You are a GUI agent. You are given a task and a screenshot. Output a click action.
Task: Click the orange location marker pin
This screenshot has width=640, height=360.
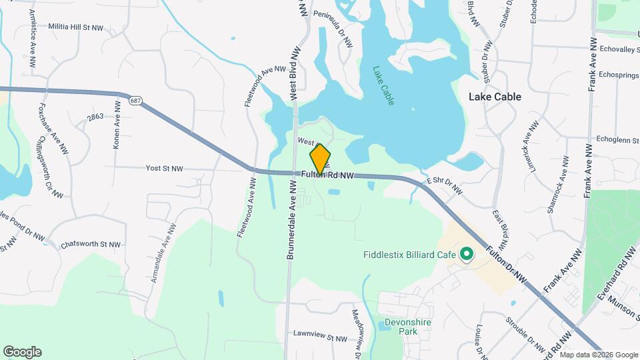point(320,159)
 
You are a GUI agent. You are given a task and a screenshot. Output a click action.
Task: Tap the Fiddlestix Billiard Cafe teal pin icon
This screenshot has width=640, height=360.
point(467,255)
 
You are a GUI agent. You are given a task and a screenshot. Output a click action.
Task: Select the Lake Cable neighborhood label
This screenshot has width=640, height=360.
point(495,97)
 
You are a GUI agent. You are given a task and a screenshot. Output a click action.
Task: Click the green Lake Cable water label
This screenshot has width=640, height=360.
point(384,85)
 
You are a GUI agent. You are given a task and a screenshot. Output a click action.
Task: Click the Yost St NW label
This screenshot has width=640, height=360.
point(164,169)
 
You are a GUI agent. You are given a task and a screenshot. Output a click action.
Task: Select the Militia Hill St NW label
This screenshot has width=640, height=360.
point(76,27)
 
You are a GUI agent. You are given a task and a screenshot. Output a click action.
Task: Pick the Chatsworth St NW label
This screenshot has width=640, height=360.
point(91,245)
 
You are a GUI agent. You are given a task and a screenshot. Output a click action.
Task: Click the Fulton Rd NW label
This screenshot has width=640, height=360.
point(327,175)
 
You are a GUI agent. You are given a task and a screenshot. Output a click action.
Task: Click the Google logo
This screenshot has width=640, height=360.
point(22,352)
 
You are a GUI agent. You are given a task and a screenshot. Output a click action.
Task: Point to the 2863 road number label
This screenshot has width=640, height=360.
point(95,117)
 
